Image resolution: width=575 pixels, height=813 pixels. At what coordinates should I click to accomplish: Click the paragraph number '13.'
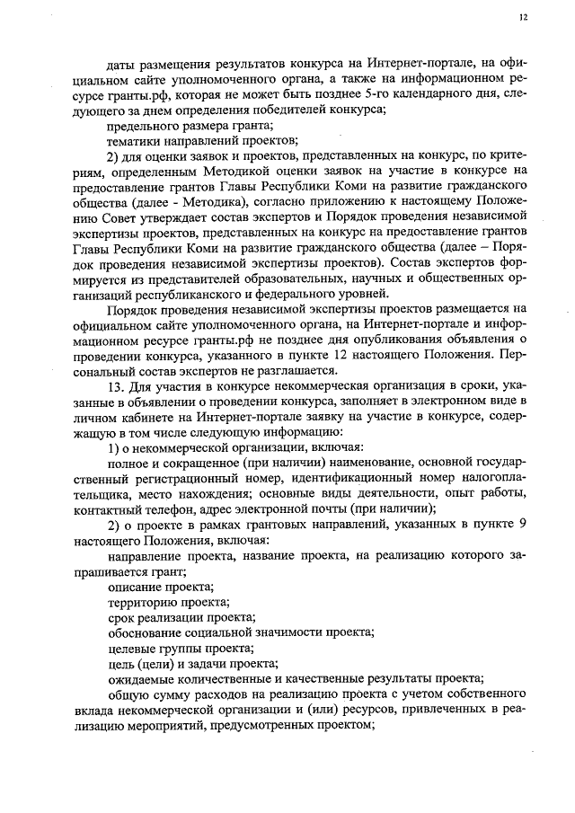pyautogui.click(x=116, y=386)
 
